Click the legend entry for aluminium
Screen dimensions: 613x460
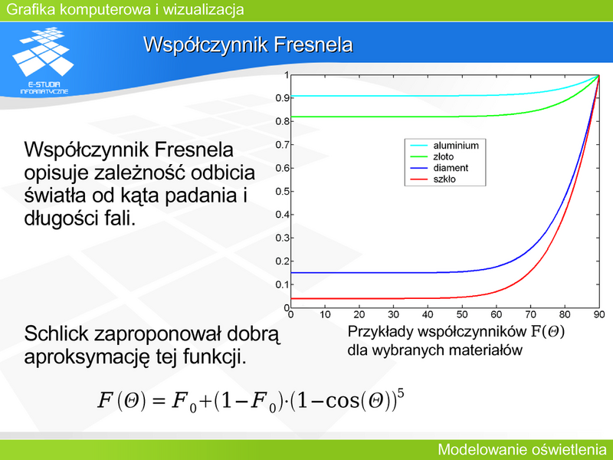pos(444,146)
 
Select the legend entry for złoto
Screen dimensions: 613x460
pos(432,157)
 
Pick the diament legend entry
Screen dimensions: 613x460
pos(439,168)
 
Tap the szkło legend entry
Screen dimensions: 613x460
pos(433,179)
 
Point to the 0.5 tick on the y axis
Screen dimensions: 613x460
pos(282,191)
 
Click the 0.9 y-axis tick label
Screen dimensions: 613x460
pos(282,98)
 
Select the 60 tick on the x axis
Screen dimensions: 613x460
pos(496,314)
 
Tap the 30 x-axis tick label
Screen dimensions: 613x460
pos(393,314)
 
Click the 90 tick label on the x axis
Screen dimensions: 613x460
pos(599,314)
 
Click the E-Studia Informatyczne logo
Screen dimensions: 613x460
pos(44,61)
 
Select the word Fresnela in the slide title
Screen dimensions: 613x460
pos(313,44)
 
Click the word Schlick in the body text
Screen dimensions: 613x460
pos(56,333)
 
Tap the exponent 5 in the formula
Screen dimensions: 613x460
pos(400,392)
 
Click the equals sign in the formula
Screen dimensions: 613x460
pos(159,400)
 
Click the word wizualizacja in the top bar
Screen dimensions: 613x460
pos(203,9)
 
